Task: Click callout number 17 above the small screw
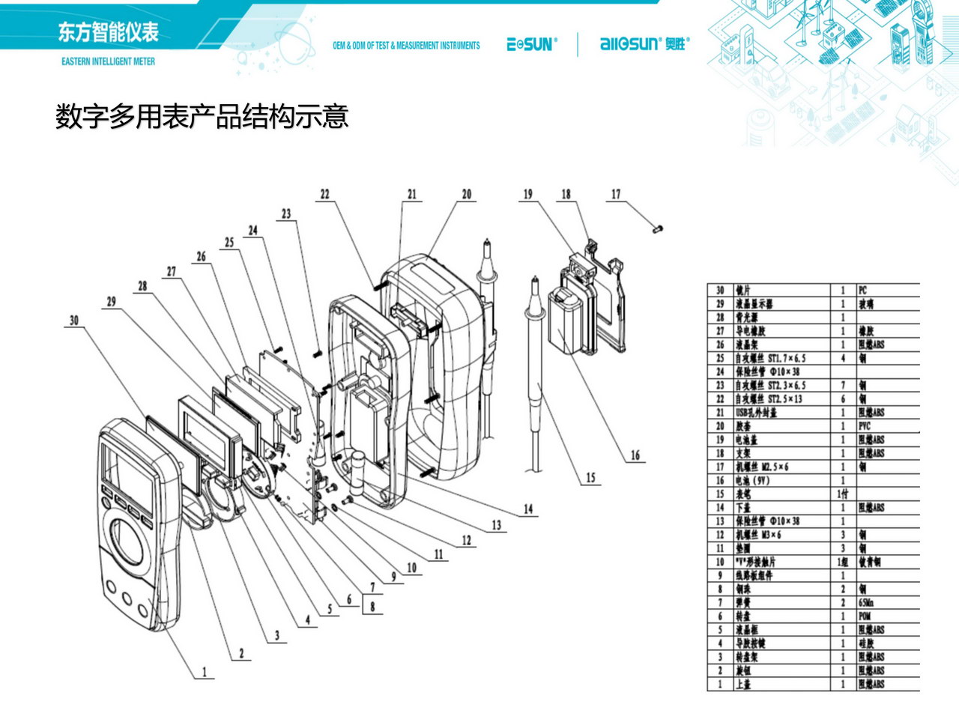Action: point(616,194)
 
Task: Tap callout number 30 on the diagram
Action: point(73,320)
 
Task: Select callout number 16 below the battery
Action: point(635,455)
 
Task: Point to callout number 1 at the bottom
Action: point(204,672)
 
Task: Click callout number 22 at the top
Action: point(324,194)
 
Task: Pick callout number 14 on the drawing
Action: point(528,509)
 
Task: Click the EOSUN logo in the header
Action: point(532,45)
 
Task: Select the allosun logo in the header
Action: point(643,44)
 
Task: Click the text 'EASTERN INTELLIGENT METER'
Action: point(108,61)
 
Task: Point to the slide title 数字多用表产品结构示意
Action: point(202,117)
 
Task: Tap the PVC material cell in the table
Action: point(865,426)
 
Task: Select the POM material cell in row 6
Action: point(865,616)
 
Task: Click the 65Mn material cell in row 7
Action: point(867,603)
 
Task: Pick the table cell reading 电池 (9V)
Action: point(752,481)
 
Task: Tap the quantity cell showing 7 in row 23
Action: point(843,386)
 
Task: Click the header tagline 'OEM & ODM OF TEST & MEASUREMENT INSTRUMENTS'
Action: point(406,46)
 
